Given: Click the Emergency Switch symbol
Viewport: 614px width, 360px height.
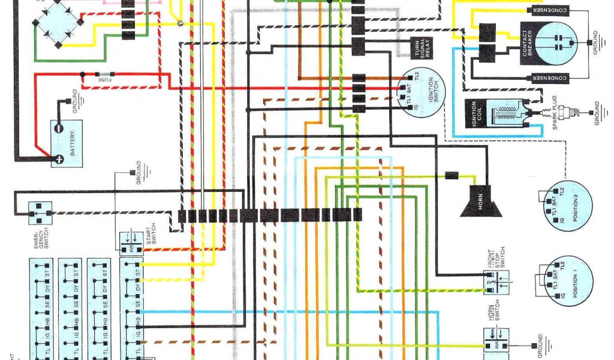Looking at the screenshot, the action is pos(40,209).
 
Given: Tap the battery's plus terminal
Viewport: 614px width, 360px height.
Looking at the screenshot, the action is pos(59,159).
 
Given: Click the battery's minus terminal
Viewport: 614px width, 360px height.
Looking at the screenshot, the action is pos(58,128).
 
